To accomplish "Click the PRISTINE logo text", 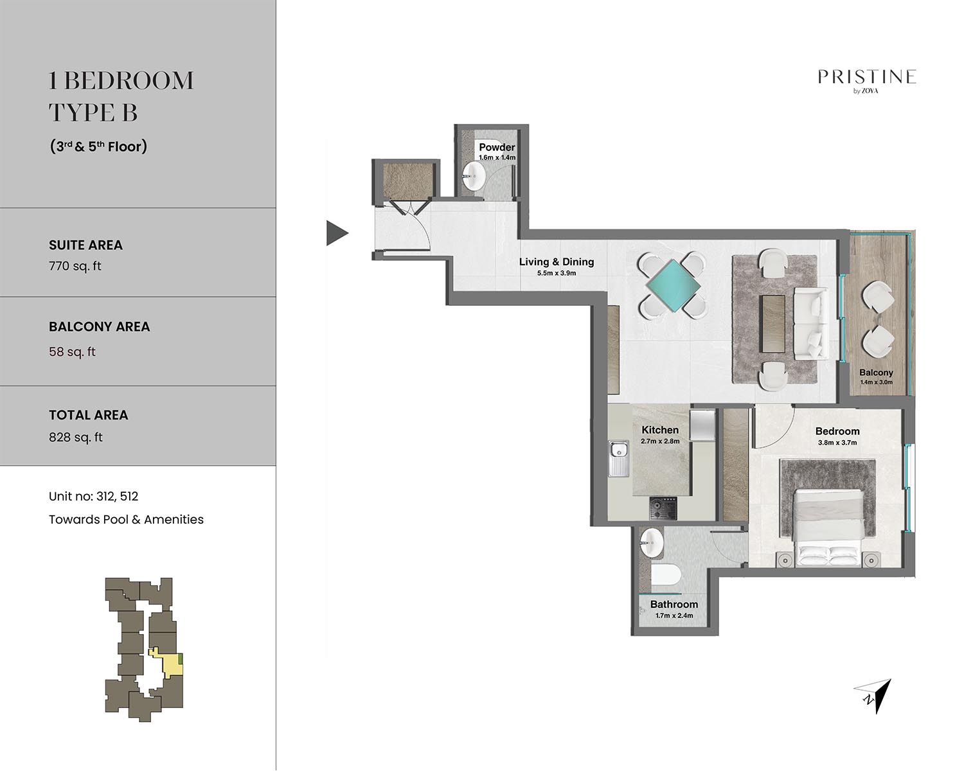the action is (867, 77).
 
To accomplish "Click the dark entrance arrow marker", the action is (337, 233).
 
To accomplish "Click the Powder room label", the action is (497, 147).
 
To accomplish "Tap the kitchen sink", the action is (619, 458).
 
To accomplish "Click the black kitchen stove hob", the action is (663, 508).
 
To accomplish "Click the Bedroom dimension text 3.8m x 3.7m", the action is (837, 443).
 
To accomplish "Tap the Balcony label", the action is (876, 372).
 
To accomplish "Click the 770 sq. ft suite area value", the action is (75, 266).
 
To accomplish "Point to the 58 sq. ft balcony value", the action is (72, 352).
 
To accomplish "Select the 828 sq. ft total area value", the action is (76, 438).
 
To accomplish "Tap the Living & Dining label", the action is (557, 261).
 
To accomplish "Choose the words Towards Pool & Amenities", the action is (127, 519).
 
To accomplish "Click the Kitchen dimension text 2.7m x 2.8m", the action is (660, 441).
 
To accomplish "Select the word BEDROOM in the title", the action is (132, 81).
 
